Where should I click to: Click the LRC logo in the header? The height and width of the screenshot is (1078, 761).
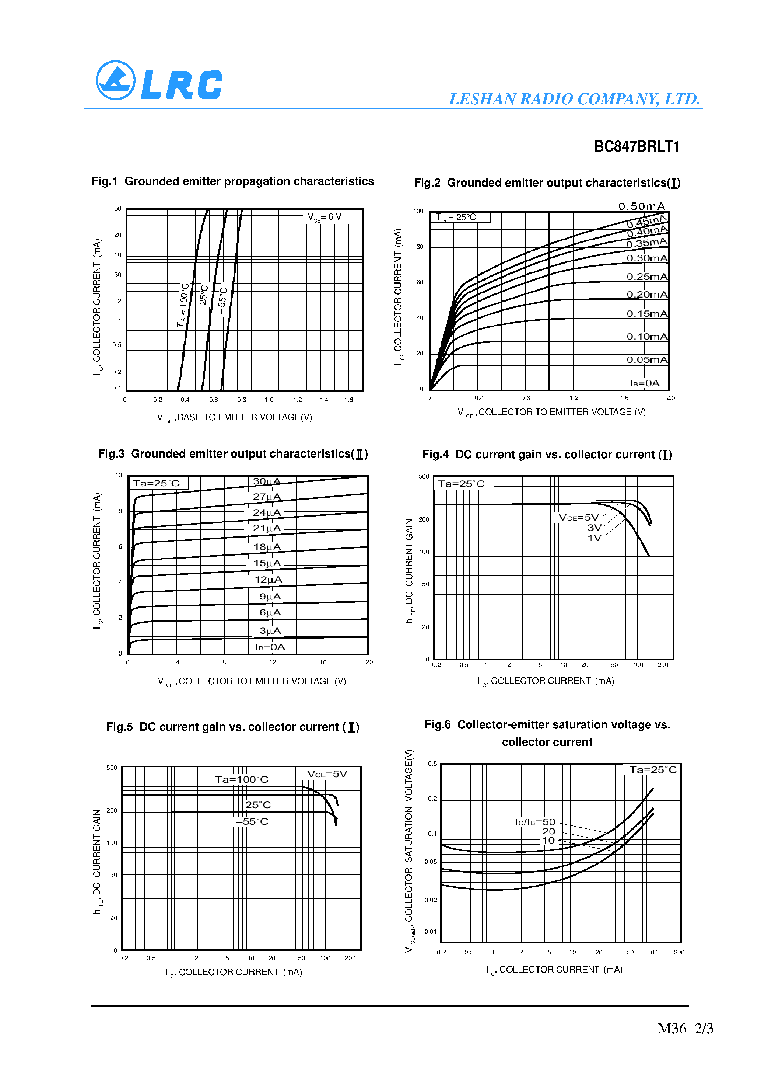click(x=159, y=81)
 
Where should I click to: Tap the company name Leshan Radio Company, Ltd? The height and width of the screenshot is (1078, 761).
click(x=574, y=99)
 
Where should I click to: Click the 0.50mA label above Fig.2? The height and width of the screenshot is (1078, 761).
click(x=641, y=206)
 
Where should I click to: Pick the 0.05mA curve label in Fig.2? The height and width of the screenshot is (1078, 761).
click(x=646, y=360)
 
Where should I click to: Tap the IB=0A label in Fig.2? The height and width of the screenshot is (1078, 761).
click(x=645, y=383)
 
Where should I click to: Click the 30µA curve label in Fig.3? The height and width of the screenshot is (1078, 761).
click(x=266, y=481)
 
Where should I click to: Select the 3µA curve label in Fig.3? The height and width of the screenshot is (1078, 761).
click(x=270, y=630)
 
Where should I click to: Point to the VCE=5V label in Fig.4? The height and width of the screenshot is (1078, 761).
click(x=579, y=517)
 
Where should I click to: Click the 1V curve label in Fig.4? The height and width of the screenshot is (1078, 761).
click(x=594, y=538)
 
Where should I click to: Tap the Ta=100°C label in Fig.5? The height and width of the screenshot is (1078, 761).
click(x=242, y=779)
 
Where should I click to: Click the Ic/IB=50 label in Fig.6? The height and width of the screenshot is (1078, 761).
click(x=535, y=822)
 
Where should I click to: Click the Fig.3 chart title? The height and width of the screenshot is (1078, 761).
click(x=233, y=454)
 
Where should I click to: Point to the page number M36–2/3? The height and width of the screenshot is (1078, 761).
click(x=685, y=1029)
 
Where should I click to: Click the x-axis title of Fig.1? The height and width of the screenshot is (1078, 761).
click(x=235, y=417)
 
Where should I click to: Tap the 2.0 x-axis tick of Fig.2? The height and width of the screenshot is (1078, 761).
click(x=670, y=398)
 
